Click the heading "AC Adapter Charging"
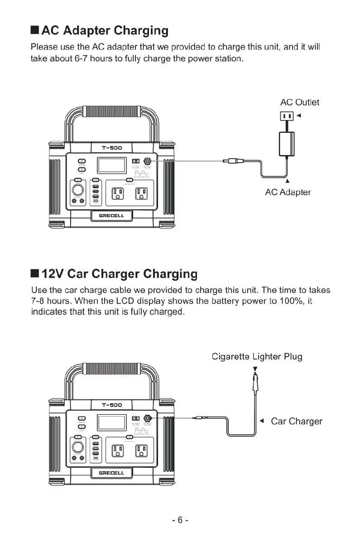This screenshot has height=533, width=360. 105,31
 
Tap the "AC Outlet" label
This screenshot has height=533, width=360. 299,102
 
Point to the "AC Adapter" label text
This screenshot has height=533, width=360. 288,192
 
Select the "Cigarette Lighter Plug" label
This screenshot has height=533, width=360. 257,356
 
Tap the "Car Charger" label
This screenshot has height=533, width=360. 296,421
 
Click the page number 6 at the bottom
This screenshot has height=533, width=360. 180,519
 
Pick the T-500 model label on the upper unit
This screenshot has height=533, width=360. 111,148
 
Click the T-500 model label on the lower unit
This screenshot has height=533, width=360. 111,405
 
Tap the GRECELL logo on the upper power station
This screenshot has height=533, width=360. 111,216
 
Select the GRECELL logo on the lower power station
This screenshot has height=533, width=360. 111,473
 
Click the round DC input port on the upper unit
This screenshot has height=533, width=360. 147,161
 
